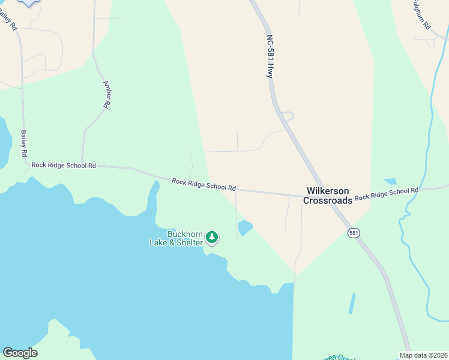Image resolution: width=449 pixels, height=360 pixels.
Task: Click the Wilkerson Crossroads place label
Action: click(x=327, y=196)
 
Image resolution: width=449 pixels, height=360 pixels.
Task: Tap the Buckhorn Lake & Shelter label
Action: click(x=176, y=238)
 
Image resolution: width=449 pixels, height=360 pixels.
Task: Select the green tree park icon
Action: click(x=211, y=238)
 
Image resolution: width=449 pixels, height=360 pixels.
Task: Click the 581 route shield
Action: click(x=354, y=232)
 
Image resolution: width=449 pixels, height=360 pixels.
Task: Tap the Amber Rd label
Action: click(x=106, y=94)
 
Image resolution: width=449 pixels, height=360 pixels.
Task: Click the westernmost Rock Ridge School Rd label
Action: click(x=64, y=165)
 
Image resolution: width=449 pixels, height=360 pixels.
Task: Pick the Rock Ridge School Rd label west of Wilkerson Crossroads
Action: click(x=203, y=184)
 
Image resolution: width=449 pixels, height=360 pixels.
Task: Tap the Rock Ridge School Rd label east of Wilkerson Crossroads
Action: click(x=386, y=194)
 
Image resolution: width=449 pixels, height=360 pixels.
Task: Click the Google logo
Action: click(x=20, y=353)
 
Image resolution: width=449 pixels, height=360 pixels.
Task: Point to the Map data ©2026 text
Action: click(x=423, y=355)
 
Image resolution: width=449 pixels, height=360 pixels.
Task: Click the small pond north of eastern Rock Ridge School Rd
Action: click(x=390, y=181)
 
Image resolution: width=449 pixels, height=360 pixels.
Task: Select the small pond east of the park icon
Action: click(x=245, y=228)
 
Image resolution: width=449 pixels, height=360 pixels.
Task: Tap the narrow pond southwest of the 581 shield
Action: click(x=352, y=303)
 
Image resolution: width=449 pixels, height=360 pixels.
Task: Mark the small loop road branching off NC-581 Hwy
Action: click(x=288, y=115)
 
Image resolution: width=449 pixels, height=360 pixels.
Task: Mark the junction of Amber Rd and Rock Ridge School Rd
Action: click(x=82, y=163)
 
